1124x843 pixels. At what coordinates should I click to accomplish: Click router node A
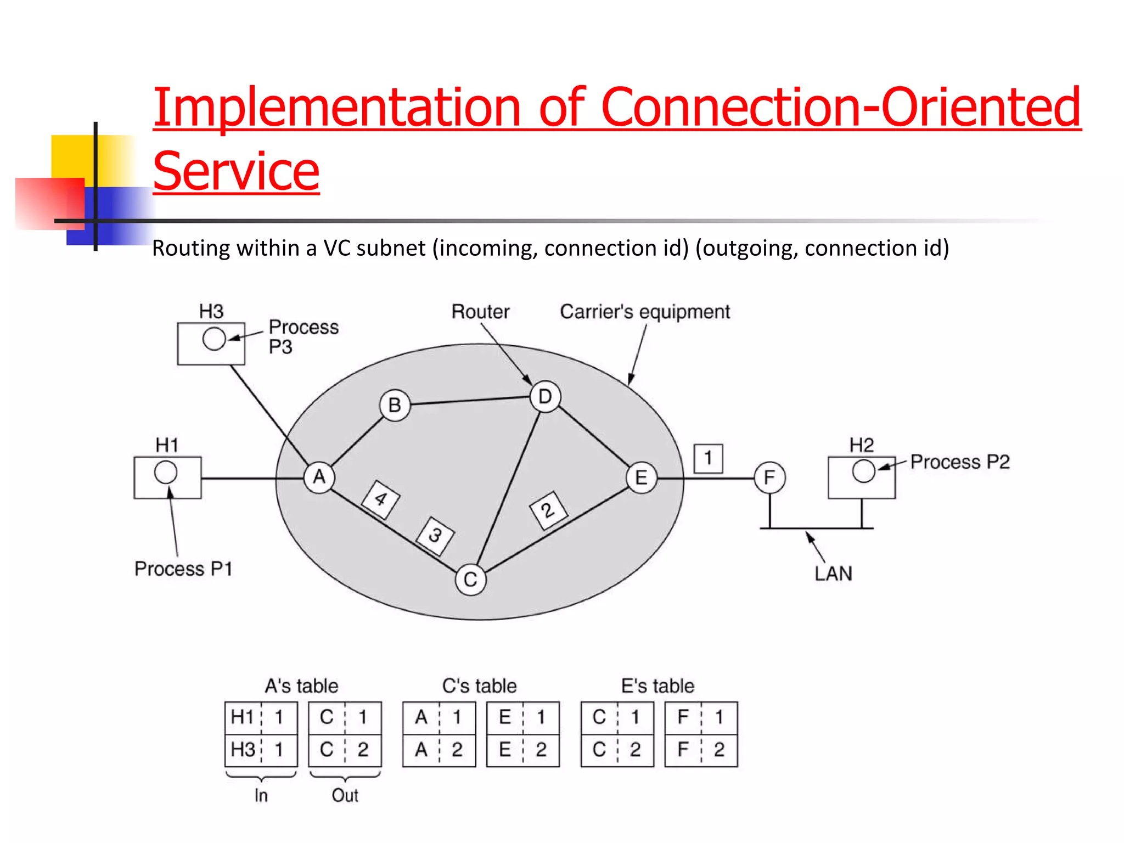click(319, 477)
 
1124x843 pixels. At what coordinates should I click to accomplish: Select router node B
click(395, 406)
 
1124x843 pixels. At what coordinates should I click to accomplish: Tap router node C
click(470, 580)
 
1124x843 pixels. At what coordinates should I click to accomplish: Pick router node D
click(545, 396)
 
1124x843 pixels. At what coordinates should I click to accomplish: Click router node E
click(641, 477)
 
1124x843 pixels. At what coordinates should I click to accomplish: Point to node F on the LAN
click(769, 477)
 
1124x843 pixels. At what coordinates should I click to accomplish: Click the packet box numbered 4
click(380, 499)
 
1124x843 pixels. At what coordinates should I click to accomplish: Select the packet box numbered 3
click(435, 536)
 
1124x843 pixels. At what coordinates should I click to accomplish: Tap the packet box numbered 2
click(548, 510)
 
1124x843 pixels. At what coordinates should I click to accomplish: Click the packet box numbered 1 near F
click(708, 458)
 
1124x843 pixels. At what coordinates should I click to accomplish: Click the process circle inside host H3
click(214, 339)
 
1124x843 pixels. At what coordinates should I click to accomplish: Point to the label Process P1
click(183, 569)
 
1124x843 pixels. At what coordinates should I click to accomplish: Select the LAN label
click(833, 574)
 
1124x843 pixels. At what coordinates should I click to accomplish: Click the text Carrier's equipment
click(644, 312)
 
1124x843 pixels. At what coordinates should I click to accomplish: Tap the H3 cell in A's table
click(243, 749)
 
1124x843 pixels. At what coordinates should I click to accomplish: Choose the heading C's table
click(479, 686)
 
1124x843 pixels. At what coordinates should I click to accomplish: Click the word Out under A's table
click(345, 795)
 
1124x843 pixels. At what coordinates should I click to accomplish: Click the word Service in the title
click(236, 171)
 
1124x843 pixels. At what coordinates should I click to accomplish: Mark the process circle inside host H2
click(863, 471)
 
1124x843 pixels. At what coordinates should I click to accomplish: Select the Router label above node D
click(480, 312)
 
